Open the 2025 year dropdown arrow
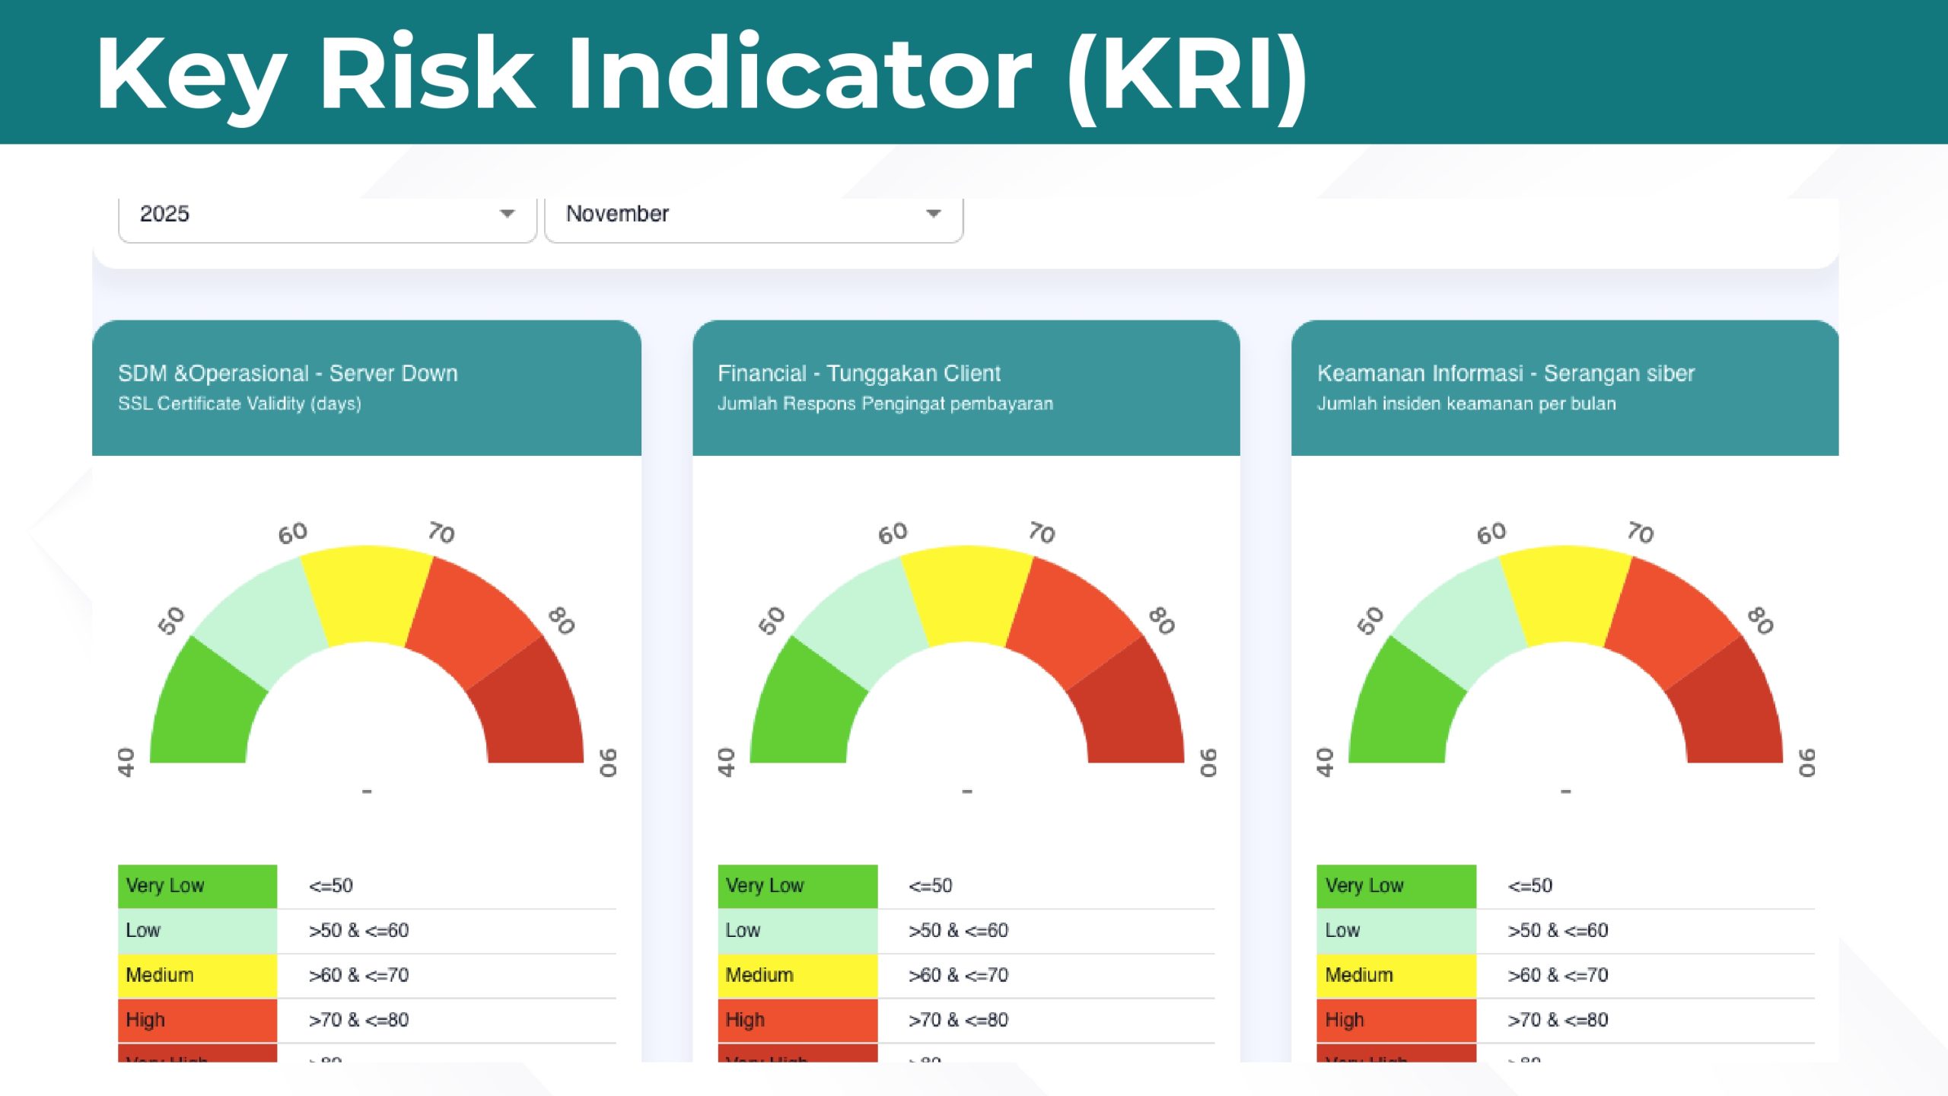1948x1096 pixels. (x=507, y=214)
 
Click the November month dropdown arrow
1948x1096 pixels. (x=933, y=214)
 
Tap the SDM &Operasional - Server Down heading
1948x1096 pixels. (x=288, y=373)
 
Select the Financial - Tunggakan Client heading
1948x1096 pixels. (x=858, y=373)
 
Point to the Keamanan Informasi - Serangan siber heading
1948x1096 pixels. (x=1506, y=373)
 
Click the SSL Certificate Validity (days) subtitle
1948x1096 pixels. (x=240, y=403)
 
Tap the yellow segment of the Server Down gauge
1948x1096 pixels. (x=367, y=594)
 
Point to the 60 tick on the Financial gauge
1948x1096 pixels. (x=893, y=533)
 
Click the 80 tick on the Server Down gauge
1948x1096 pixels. (x=562, y=620)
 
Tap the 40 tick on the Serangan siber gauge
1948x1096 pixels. (x=1325, y=762)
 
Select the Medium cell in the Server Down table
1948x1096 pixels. (x=197, y=975)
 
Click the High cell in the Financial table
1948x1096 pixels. (x=797, y=1020)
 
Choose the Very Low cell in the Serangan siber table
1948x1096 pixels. (x=1396, y=886)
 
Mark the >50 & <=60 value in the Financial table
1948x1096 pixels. (x=958, y=930)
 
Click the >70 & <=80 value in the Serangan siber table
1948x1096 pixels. (x=1558, y=1020)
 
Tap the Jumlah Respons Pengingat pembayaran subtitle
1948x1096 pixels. (x=885, y=403)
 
